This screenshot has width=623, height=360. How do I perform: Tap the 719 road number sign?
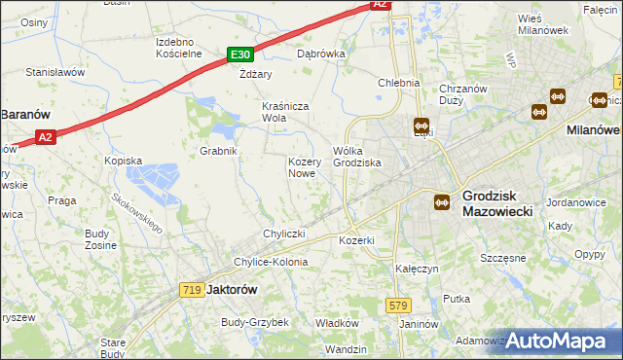point(191,289)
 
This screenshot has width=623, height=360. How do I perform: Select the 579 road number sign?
point(397,305)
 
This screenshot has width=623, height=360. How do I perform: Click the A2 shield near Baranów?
point(45,139)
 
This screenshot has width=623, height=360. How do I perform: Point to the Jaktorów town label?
point(232,290)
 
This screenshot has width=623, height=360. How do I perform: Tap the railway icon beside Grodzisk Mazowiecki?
point(441,201)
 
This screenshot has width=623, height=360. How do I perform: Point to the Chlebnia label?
point(398,83)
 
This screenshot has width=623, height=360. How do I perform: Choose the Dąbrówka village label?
point(321,54)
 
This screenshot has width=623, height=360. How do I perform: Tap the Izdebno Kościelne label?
point(179,48)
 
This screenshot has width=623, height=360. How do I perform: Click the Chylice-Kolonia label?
point(270,262)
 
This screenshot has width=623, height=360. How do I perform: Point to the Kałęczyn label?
point(417,267)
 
